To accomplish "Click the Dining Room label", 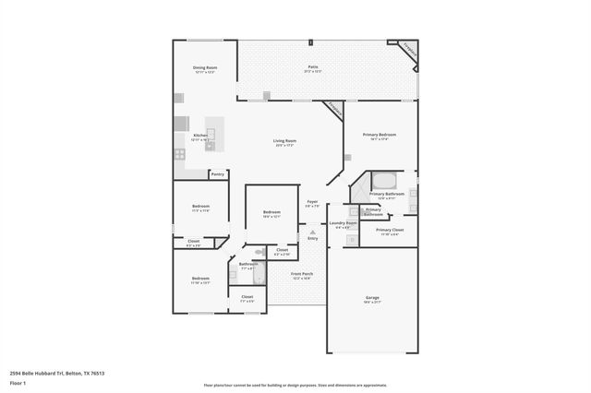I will pyautogui.click(x=205, y=67).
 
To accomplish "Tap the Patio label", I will pyautogui.click(x=314, y=67).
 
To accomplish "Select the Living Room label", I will pyautogui.click(x=283, y=141).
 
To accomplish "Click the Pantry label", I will pyautogui.click(x=218, y=173).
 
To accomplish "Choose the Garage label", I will pyautogui.click(x=373, y=298).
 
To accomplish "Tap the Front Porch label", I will pyautogui.click(x=302, y=274).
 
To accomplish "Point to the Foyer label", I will pyautogui.click(x=312, y=202).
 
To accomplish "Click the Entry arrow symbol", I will pyautogui.click(x=312, y=232).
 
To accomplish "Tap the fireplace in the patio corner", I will pyautogui.click(x=408, y=50).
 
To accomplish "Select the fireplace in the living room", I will pyautogui.click(x=334, y=110).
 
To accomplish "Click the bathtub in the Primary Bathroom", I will pyautogui.click(x=383, y=179).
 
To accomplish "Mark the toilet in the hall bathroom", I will pyautogui.click(x=260, y=251).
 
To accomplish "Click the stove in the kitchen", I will pyautogui.click(x=179, y=154).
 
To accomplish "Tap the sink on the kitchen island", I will pyautogui.click(x=211, y=143).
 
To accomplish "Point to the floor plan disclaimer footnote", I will pyautogui.click(x=295, y=385).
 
